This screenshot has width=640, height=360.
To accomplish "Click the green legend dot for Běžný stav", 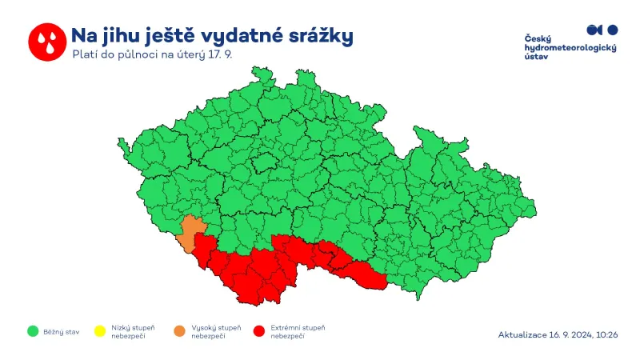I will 33,330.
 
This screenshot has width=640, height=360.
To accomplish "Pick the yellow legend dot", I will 99,330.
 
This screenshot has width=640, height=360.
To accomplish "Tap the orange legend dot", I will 178,330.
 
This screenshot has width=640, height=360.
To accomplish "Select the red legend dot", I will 258,330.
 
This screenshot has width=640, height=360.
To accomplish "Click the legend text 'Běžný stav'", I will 61,330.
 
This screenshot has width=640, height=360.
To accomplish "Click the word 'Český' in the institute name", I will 538,39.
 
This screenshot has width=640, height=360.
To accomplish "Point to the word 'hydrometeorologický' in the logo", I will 570,48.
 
